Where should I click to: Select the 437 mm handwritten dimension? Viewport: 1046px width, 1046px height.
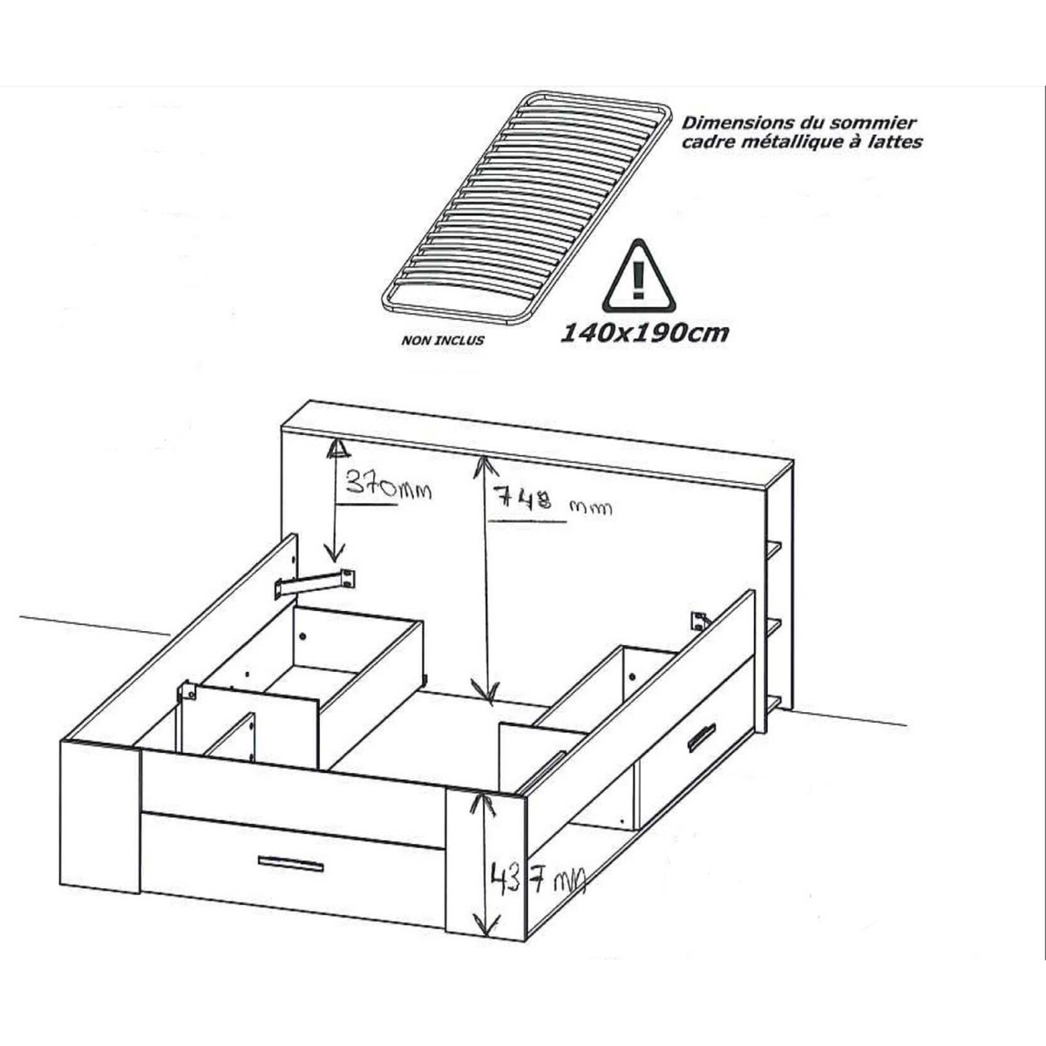tap(538, 891)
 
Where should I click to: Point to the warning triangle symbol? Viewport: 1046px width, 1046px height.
tap(638, 277)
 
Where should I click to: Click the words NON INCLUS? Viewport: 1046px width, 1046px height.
tap(443, 341)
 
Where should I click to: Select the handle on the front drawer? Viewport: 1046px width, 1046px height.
tap(291, 864)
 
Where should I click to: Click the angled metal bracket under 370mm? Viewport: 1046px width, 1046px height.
tap(316, 583)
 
